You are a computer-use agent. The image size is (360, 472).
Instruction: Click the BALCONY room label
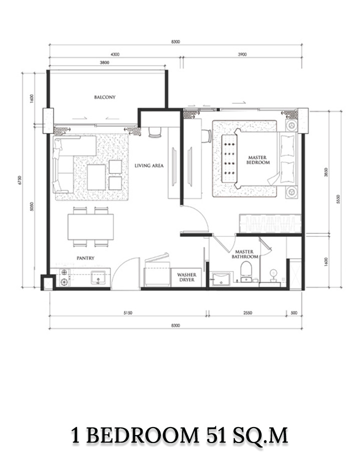pyautogui.click(x=104, y=97)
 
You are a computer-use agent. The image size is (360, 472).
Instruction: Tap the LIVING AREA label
pyautogui.click(x=149, y=165)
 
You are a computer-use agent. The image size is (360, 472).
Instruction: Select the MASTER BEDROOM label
pyautogui.click(x=258, y=160)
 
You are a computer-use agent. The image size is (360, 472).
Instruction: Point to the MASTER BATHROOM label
pyautogui.click(x=244, y=254)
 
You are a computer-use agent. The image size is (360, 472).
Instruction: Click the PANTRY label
pyautogui.click(x=85, y=258)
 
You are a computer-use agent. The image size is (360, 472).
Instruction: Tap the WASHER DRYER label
pyautogui.click(x=186, y=277)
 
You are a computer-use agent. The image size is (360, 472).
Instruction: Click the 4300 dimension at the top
pyautogui.click(x=115, y=54)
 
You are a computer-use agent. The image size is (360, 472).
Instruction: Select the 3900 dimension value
pyautogui.click(x=242, y=54)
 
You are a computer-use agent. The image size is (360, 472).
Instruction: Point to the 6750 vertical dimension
pyautogui.click(x=20, y=180)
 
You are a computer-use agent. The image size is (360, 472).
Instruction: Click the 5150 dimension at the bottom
pyautogui.click(x=127, y=313)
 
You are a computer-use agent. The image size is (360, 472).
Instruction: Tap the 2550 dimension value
pyautogui.click(x=247, y=313)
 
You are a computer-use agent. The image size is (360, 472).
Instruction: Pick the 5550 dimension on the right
pyautogui.click(x=337, y=199)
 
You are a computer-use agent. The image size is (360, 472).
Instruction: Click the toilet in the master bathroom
pyautogui.click(x=246, y=270)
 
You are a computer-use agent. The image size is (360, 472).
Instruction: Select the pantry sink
pyautogui.click(x=98, y=277)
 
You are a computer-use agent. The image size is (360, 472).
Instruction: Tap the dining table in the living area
pyautogui.click(x=90, y=227)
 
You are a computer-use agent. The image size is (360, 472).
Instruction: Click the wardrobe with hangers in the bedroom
pyautogui.click(x=270, y=223)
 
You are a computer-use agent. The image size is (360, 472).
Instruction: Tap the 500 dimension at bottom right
pyautogui.click(x=293, y=313)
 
